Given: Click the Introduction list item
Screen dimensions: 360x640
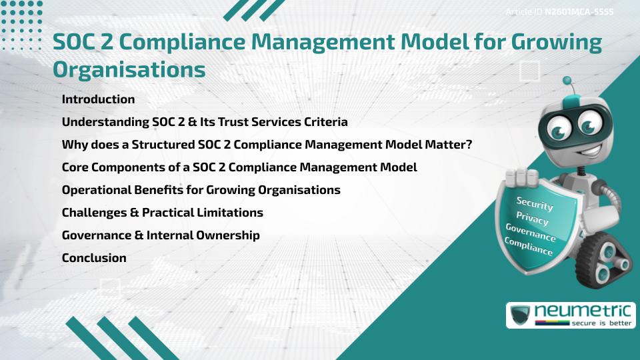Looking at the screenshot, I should (x=98, y=99).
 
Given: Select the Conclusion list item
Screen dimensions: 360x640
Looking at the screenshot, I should (x=94, y=258).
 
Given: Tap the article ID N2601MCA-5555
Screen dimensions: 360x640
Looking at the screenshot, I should (x=579, y=12).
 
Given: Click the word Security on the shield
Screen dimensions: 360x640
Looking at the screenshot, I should (x=534, y=203).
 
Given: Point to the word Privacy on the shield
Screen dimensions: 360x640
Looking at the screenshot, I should (x=532, y=219).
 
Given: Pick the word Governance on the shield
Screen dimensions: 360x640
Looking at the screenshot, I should (x=531, y=233).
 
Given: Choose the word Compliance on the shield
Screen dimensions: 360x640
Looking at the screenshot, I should (x=529, y=247).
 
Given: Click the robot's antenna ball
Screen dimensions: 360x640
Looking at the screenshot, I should (x=567, y=81).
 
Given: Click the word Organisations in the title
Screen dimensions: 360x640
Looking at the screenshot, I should (x=129, y=69).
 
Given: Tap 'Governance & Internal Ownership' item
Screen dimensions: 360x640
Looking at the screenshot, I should (x=161, y=235).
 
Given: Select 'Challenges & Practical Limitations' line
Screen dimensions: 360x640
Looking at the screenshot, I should (x=162, y=213).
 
